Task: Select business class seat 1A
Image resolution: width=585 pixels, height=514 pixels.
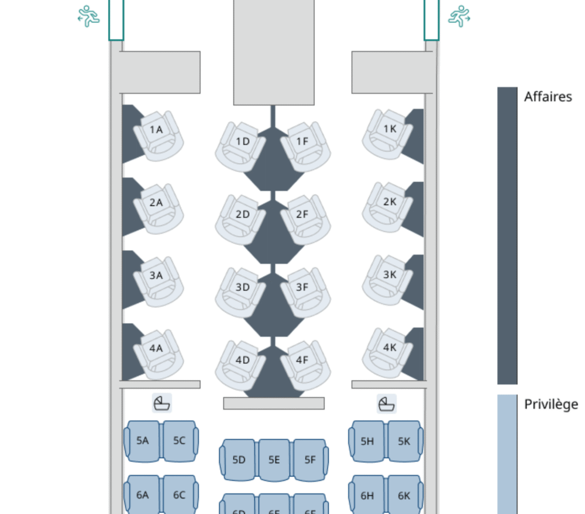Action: (157, 132)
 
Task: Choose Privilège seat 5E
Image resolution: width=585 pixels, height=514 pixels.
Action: (274, 460)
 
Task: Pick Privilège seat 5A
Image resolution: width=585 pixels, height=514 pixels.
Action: (143, 441)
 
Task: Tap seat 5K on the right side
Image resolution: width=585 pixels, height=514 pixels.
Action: (404, 441)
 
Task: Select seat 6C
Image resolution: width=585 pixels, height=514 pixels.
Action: (179, 495)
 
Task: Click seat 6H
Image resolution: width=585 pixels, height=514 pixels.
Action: (367, 495)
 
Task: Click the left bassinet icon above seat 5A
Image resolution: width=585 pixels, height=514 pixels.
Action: (162, 403)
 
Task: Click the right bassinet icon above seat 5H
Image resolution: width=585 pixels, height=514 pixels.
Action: (387, 403)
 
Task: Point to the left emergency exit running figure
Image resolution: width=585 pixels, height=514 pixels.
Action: (89, 17)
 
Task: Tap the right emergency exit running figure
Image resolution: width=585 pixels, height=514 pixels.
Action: (459, 17)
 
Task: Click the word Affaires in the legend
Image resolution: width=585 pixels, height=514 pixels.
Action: (547, 97)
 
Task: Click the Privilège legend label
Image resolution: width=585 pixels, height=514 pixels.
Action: (551, 404)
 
